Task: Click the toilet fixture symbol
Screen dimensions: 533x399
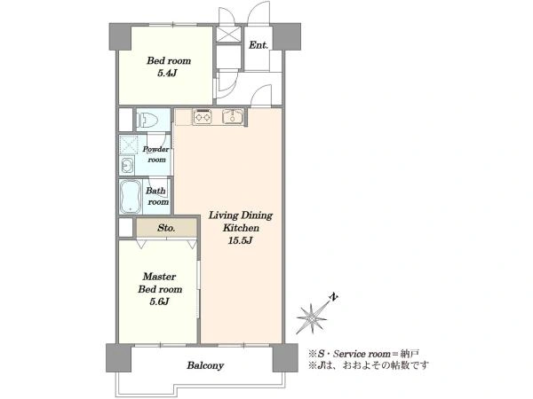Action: pos(147,120)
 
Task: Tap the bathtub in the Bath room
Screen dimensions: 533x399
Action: pos(131,197)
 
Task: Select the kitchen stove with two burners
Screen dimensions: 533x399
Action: pos(202,116)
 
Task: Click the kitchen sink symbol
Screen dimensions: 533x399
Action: pos(233,116)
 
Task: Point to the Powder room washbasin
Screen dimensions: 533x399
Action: pos(127,166)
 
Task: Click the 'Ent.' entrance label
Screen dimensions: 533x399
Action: pos(259,45)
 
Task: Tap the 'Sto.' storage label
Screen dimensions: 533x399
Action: pos(166,228)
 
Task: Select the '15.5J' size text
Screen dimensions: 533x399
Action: pos(241,240)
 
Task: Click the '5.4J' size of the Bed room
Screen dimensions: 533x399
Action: pos(168,73)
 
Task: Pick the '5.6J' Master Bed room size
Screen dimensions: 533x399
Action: pos(159,301)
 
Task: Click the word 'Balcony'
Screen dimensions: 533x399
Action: pos(205,365)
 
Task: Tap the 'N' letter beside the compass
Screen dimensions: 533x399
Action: pos(334,297)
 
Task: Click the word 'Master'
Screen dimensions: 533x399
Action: pos(159,276)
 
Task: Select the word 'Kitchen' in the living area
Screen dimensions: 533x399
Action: pos(241,228)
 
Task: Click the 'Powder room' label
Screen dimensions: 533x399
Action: pos(156,154)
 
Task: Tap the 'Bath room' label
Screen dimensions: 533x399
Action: pos(157,196)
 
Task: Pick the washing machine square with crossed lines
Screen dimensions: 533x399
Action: pos(129,145)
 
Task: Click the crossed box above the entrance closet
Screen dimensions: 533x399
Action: pos(228,35)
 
